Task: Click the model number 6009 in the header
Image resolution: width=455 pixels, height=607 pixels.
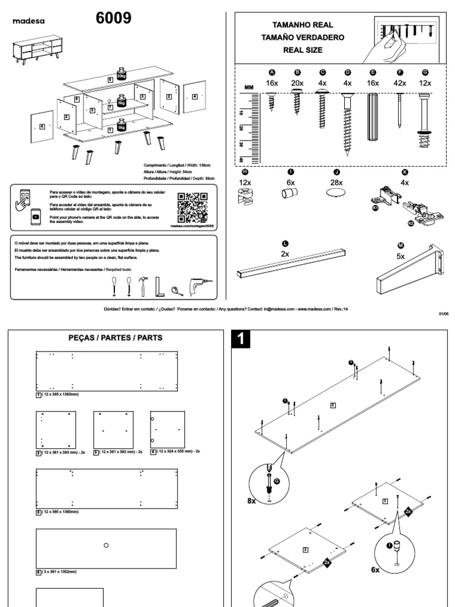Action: pyautogui.click(x=114, y=19)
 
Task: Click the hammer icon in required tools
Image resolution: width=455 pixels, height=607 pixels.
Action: pyautogui.click(x=143, y=287)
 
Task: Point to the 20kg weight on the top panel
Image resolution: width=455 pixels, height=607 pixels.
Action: pyautogui.click(x=121, y=74)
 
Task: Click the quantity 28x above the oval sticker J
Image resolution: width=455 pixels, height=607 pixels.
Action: pyautogui.click(x=335, y=183)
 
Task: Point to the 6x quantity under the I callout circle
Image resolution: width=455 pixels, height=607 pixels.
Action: pyautogui.click(x=375, y=569)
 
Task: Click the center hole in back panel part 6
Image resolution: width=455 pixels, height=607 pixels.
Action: pyautogui.click(x=106, y=545)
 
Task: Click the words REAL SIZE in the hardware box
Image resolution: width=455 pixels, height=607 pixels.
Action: pyautogui.click(x=302, y=50)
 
